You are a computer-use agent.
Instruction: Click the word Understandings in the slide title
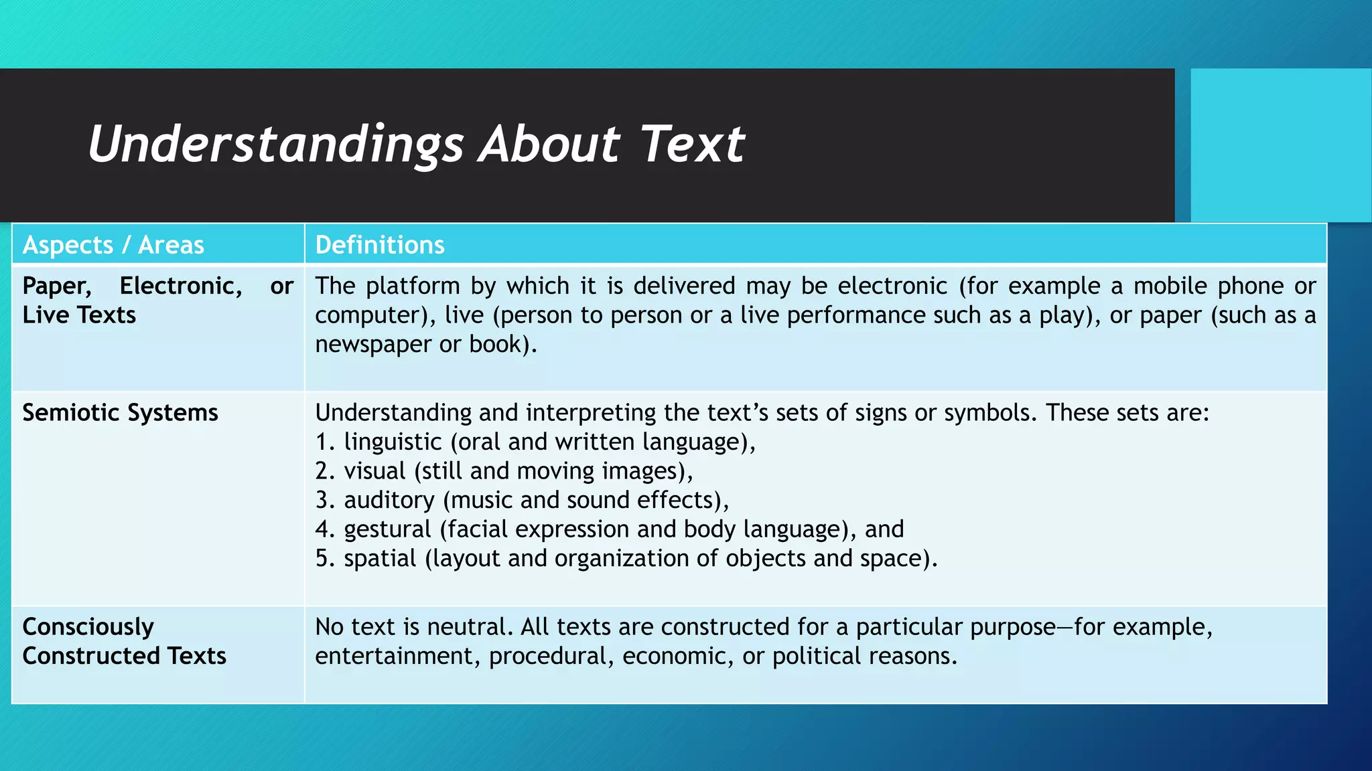tap(275, 145)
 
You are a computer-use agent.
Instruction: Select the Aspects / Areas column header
tap(113, 245)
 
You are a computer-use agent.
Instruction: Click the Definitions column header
tap(380, 245)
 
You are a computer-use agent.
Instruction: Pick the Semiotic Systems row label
tap(121, 412)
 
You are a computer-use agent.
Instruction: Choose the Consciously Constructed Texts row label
tap(125, 641)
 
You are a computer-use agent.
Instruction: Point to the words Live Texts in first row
tap(79, 315)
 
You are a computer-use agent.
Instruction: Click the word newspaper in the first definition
tap(372, 344)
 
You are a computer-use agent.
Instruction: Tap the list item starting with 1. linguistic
tap(535, 442)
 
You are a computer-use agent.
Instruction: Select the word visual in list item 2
tap(375, 471)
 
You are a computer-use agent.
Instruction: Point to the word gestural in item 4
tap(387, 529)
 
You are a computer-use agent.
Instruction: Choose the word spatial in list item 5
tap(380, 558)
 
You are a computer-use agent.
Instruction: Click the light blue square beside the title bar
tap(1280, 145)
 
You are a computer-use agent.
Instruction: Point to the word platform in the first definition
tap(413, 286)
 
